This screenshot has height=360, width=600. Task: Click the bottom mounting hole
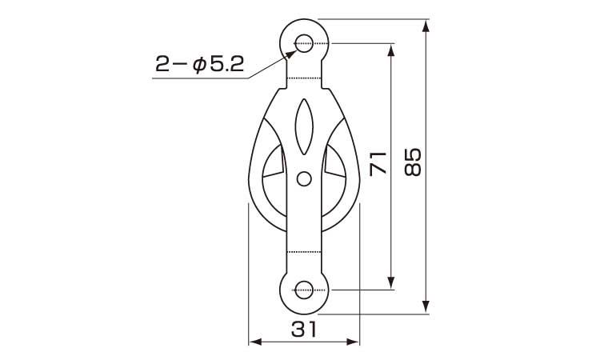click(x=305, y=290)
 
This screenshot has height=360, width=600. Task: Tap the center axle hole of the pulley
click(x=304, y=178)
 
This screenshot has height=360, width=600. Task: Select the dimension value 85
click(x=414, y=163)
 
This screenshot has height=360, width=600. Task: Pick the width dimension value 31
click(x=304, y=329)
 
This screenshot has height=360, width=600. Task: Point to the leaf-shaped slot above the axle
click(x=304, y=127)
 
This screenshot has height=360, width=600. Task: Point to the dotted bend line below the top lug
click(x=304, y=78)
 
